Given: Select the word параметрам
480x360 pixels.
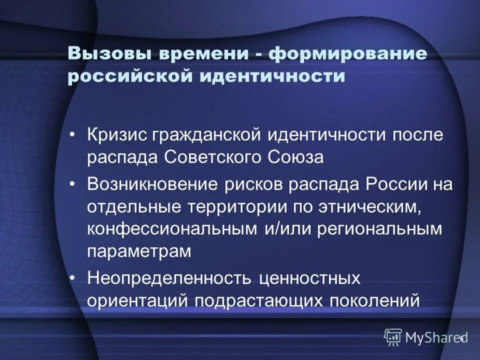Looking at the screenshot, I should coord(139,251).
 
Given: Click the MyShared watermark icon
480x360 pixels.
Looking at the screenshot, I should coord(393,337).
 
